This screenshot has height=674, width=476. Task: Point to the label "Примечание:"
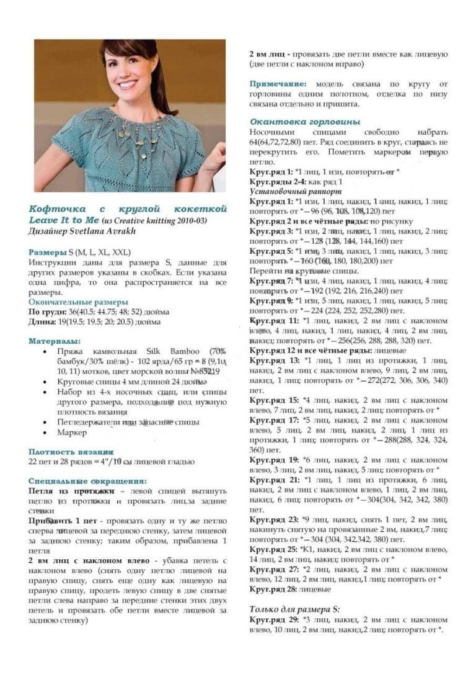[x=278, y=83]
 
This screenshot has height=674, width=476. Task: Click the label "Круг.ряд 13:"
[x=275, y=360]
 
